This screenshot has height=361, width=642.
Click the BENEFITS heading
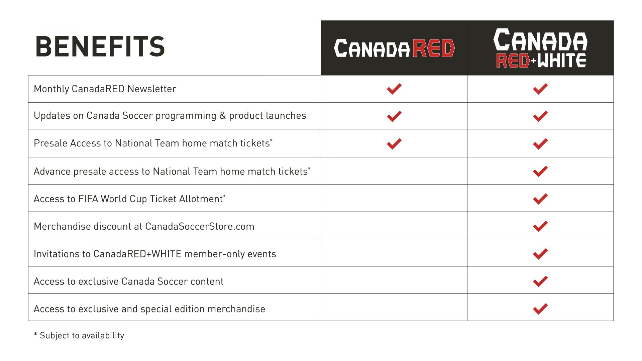(100, 47)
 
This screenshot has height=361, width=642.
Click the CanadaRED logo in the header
(394, 48)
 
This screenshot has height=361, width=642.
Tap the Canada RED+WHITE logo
(540, 48)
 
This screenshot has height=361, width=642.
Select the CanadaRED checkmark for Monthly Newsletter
(394, 89)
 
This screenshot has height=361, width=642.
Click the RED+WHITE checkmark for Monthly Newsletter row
(540, 89)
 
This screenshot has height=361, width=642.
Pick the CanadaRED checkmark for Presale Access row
(394, 144)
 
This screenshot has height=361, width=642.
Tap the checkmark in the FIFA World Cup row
(540, 199)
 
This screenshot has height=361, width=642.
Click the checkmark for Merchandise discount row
(540, 226)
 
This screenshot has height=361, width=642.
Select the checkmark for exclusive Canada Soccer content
(540, 281)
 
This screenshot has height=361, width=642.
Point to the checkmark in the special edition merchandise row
(540, 309)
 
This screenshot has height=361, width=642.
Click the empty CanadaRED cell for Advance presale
(394, 171)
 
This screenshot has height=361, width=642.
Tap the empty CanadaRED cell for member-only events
(394, 253)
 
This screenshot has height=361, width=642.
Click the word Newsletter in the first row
(151, 89)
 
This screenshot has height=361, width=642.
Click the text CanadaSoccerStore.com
(200, 226)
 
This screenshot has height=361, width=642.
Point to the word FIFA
(88, 199)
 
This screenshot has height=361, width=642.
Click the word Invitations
(62, 254)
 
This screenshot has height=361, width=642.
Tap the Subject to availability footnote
(79, 335)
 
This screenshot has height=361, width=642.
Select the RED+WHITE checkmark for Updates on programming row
(540, 116)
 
